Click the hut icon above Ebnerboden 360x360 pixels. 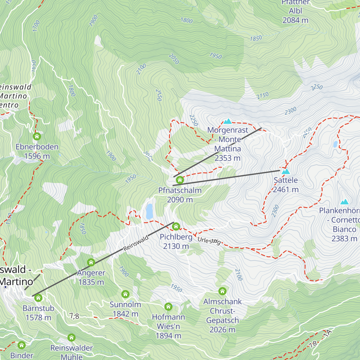point(37,136)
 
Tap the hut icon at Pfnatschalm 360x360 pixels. point(180,180)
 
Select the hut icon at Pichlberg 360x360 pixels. point(176,226)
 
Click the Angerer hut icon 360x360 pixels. point(91,262)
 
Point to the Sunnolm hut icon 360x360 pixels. point(125,294)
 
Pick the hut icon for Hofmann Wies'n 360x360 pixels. point(168,307)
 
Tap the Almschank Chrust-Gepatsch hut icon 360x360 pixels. point(222,291)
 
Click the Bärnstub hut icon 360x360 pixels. point(38,298)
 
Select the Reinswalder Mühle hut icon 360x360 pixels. point(71,337)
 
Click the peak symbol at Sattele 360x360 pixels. point(286,171)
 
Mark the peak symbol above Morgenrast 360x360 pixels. point(228,121)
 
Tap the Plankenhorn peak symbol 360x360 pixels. point(344,202)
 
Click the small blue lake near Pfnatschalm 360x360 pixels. point(149,211)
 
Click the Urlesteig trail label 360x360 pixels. point(209,241)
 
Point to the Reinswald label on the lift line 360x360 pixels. point(136,243)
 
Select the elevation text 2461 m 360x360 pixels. point(286,190)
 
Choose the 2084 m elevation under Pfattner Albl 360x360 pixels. point(295,20)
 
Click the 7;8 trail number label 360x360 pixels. point(74,316)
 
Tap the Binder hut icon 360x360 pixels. point(22,345)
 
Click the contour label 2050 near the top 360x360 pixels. point(174,59)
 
